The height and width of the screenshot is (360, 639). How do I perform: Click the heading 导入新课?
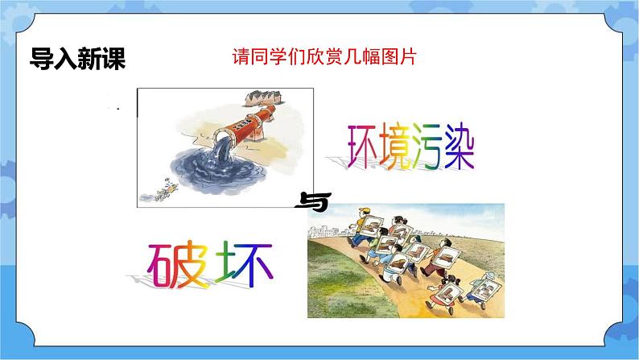point(77,60)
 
